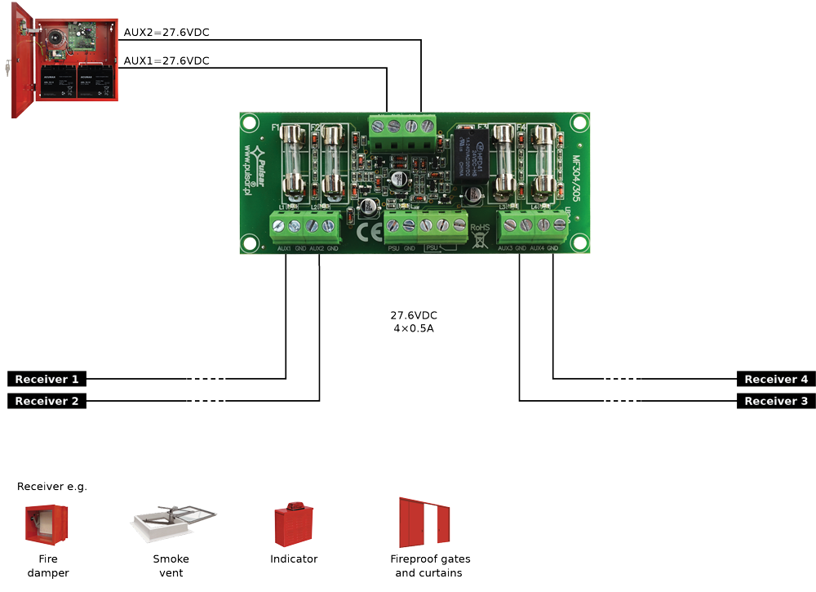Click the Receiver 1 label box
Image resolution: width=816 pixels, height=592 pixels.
coord(47,379)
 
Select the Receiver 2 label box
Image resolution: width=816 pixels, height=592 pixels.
coord(47,401)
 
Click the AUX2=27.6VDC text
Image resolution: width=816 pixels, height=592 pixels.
coord(166,33)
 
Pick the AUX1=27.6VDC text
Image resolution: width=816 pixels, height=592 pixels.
coord(166,60)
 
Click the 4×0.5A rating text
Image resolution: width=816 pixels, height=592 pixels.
coord(414,329)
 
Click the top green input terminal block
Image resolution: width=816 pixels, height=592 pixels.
coord(401,125)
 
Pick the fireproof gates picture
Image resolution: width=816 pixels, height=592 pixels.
coord(424,523)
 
